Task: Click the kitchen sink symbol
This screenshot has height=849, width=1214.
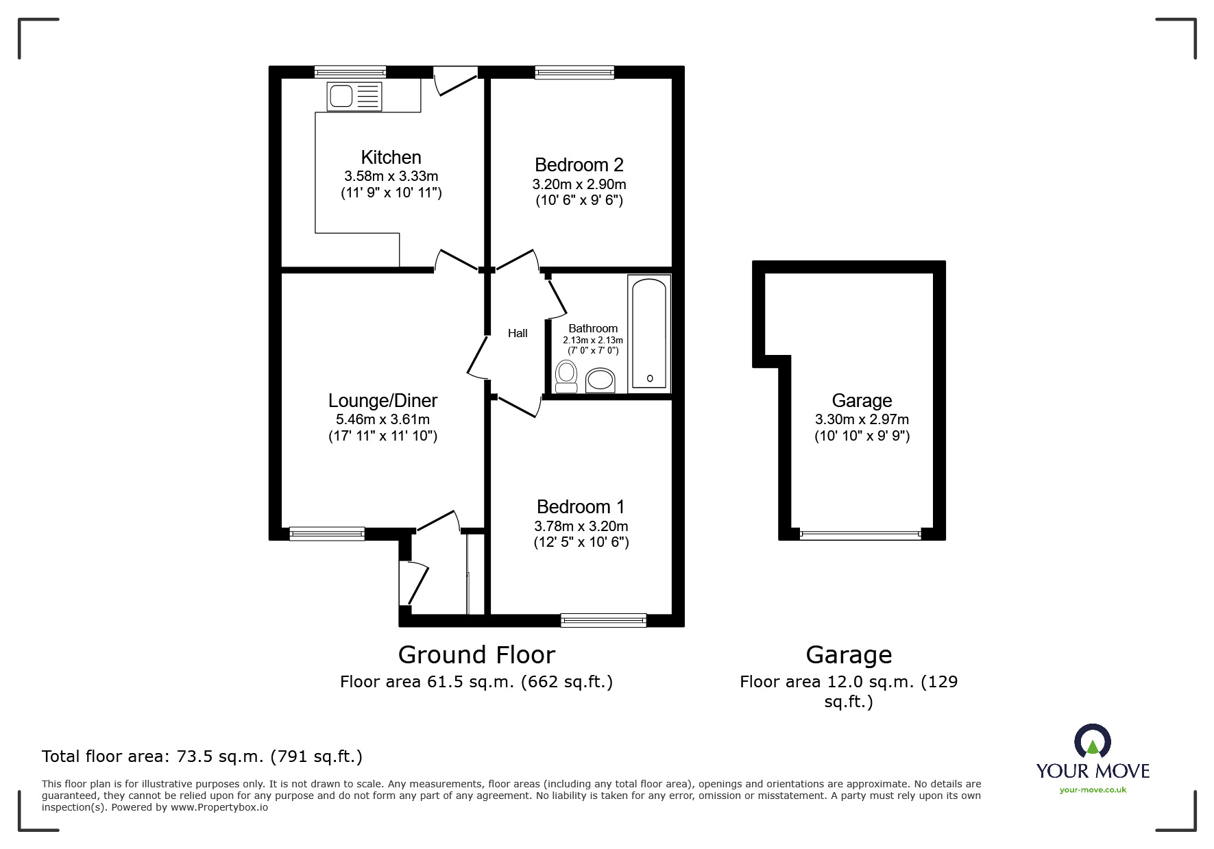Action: pyautogui.click(x=354, y=96)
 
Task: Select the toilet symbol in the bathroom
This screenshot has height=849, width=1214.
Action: pyautogui.click(x=566, y=377)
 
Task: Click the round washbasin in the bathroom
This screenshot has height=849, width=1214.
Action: pyautogui.click(x=601, y=379)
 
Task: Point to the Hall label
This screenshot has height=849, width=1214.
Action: pyautogui.click(x=518, y=333)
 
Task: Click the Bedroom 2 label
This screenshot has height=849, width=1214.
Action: pyautogui.click(x=579, y=164)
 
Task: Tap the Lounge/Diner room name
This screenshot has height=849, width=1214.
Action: pyautogui.click(x=383, y=400)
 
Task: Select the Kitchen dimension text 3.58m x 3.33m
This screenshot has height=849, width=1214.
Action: pyautogui.click(x=391, y=176)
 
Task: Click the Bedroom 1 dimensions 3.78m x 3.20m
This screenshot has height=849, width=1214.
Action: pyautogui.click(x=581, y=526)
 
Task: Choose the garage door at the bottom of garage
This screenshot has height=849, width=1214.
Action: pyautogui.click(x=860, y=534)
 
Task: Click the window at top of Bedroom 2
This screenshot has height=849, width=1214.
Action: pyautogui.click(x=574, y=72)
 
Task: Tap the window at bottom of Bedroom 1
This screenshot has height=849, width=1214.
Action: pyautogui.click(x=603, y=620)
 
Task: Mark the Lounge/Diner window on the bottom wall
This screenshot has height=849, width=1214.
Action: pyautogui.click(x=327, y=533)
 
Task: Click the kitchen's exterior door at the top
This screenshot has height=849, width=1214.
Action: pyautogui.click(x=456, y=79)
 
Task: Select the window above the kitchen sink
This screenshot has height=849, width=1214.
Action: pyautogui.click(x=350, y=72)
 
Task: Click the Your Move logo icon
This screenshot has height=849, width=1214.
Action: pyautogui.click(x=1092, y=742)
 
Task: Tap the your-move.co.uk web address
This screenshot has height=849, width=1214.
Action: pyautogui.click(x=1093, y=790)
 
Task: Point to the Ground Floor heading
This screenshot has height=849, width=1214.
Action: pyautogui.click(x=476, y=655)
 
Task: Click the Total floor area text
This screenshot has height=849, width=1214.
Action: pyautogui.click(x=202, y=756)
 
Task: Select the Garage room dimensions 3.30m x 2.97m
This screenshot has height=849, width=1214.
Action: pyautogui.click(x=862, y=419)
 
